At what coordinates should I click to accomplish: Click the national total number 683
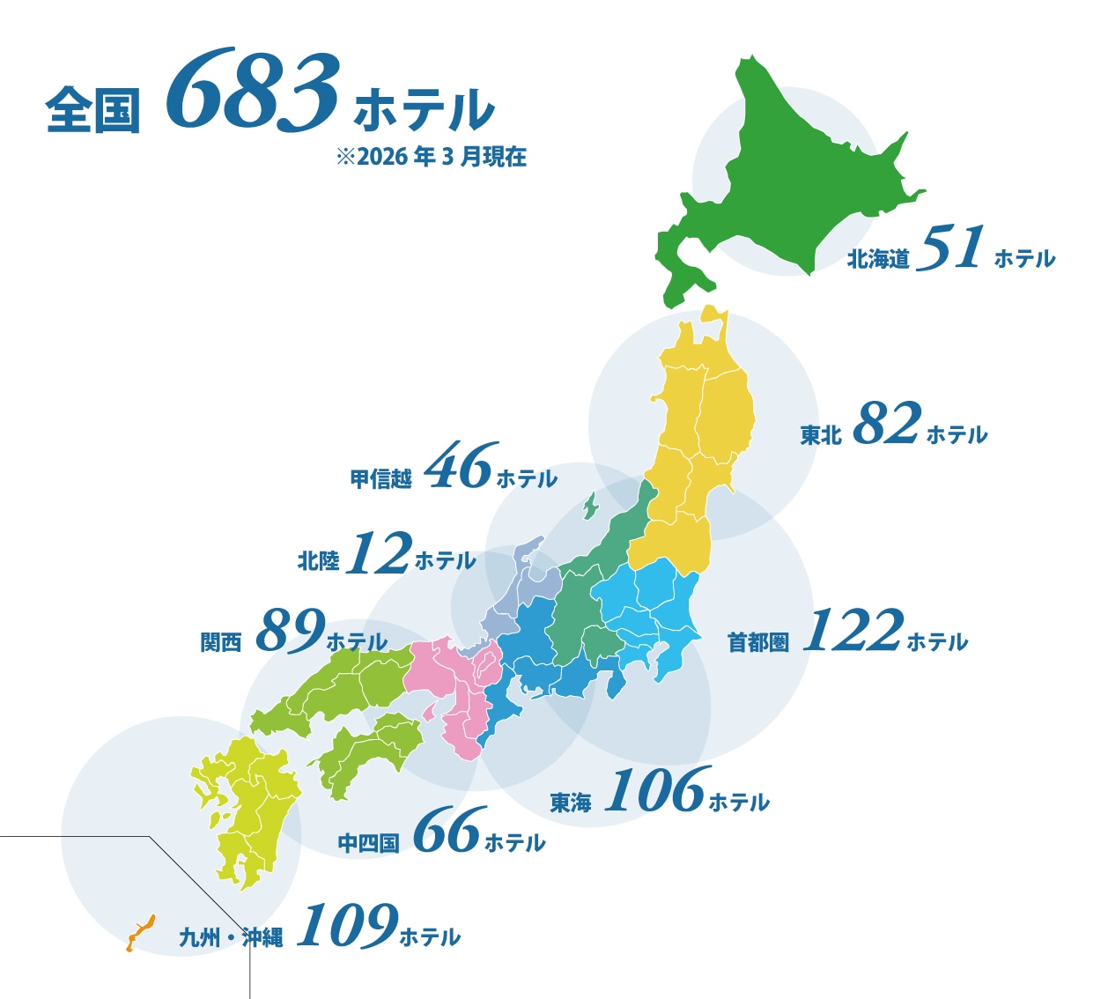click(x=253, y=92)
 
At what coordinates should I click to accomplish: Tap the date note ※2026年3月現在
click(x=431, y=157)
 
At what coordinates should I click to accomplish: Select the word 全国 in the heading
click(x=92, y=110)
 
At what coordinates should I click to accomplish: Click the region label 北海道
click(x=877, y=259)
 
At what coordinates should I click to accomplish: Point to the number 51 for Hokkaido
click(x=950, y=248)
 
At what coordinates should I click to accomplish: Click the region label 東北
click(x=820, y=435)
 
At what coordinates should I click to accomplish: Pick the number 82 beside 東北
click(x=886, y=424)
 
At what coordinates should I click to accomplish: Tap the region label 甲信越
click(x=380, y=479)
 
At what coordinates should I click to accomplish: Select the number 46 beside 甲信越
click(x=461, y=466)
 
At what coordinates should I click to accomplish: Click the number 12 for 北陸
click(x=379, y=554)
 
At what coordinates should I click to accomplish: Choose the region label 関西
click(x=220, y=642)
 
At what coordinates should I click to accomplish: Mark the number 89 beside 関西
click(x=291, y=631)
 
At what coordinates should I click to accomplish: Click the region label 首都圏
click(x=757, y=642)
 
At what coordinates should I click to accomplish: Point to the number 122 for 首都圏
click(x=853, y=631)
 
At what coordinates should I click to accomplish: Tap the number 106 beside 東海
click(x=657, y=790)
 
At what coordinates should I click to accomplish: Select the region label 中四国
click(x=368, y=843)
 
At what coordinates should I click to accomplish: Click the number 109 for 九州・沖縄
click(x=347, y=926)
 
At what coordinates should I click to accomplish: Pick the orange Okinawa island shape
click(x=139, y=932)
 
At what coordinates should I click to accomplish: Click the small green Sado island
click(x=589, y=507)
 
